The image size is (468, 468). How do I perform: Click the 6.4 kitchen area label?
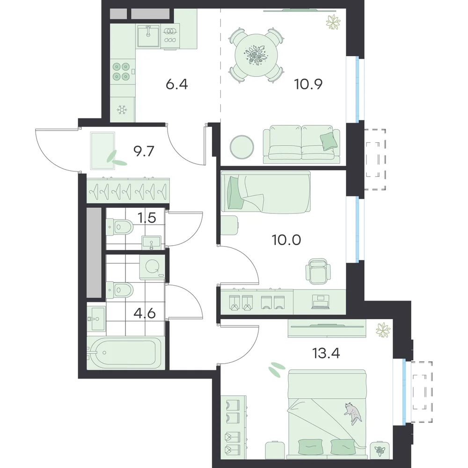coord(177,84)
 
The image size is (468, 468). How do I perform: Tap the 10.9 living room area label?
coord(308,84)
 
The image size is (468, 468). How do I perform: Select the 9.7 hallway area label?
coord(144,151)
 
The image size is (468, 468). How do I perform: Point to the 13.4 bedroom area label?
coord(326,353)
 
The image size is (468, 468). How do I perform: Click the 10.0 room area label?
coord(286,240)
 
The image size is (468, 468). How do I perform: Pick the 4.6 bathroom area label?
coord(145,314)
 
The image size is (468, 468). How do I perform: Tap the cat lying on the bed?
coord(353,413)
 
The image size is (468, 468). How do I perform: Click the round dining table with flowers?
coord(256,55)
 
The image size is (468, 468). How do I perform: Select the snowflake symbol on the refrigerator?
coord(122,110)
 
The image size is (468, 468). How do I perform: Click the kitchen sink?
coord(148,36)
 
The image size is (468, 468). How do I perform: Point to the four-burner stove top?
coord(122,72)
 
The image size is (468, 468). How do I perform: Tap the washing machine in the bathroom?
coord(152,267)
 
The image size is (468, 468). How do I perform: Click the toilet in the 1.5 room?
coord(120,227)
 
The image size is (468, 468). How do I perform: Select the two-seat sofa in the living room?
coord(301,145)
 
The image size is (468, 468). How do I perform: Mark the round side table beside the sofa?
coord(242,147)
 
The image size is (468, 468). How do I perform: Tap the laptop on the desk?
coord(321,302)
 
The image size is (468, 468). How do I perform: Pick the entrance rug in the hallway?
coord(102,151)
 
